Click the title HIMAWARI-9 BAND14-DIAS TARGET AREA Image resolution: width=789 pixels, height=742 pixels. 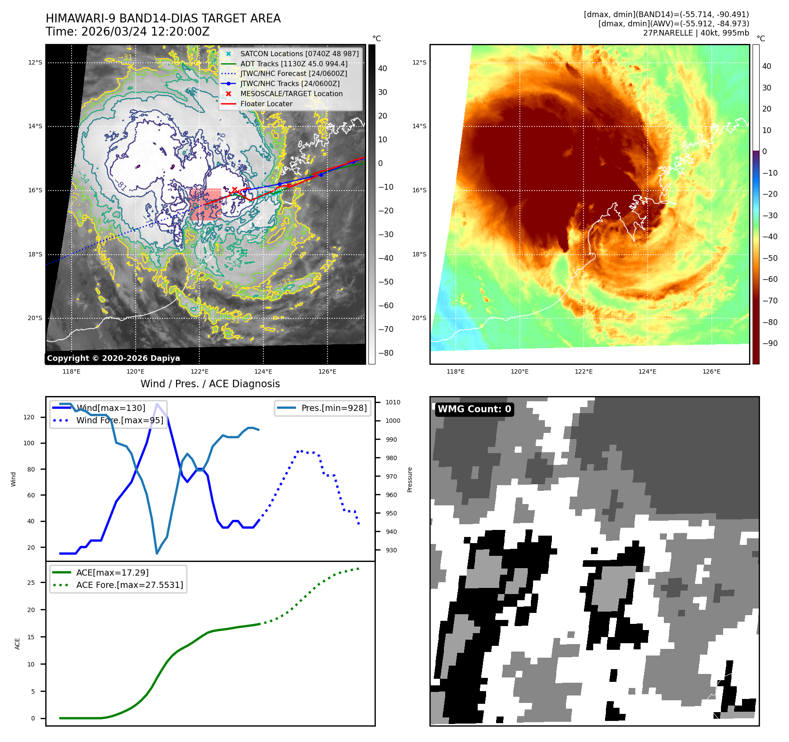click(163, 18)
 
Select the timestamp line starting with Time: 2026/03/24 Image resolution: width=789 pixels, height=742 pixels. click(127, 32)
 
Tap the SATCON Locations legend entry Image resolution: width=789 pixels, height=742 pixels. click(299, 54)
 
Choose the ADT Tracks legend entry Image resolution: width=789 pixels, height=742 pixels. click(294, 64)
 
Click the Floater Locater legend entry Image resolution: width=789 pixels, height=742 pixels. click(266, 104)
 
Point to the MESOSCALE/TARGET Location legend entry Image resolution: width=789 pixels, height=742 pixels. click(291, 94)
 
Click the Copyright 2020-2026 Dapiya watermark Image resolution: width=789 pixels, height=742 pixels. click(113, 358)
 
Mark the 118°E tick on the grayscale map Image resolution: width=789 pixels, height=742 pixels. click(72, 371)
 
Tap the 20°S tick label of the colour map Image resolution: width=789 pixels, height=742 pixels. click(419, 318)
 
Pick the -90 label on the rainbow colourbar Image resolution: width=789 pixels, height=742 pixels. click(770, 343)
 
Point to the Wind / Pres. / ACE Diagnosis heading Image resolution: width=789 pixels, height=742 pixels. click(210, 384)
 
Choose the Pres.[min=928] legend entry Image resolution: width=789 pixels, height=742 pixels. click(334, 408)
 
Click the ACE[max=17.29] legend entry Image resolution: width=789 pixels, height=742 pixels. click(112, 573)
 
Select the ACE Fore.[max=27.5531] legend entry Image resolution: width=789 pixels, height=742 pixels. click(130, 585)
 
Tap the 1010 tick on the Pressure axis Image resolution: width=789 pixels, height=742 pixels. click(393, 402)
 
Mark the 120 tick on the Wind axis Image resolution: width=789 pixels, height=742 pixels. click(29, 417)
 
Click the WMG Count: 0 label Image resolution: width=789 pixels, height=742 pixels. click(474, 409)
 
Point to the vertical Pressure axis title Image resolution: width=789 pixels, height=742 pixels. click(410, 479)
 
